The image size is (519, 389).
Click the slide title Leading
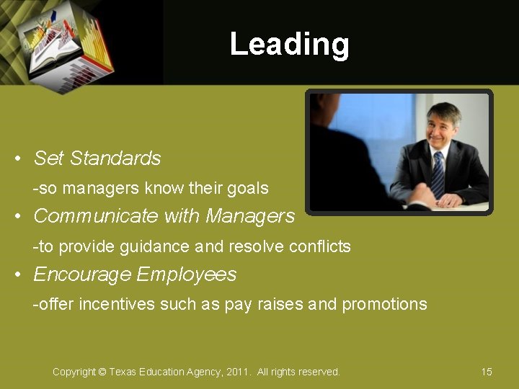click(289, 44)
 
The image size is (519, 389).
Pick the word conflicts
click(319, 246)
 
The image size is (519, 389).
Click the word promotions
click(384, 305)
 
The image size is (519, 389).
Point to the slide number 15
click(487, 372)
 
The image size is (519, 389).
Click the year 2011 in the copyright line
click(237, 372)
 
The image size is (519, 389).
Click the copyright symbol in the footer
click(102, 372)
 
